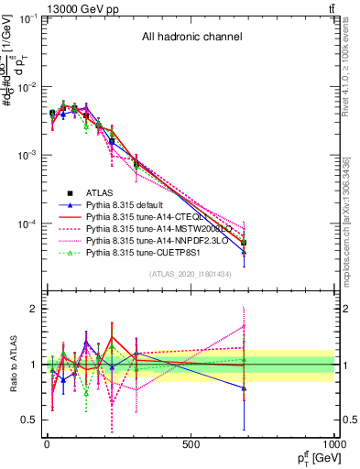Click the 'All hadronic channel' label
tap(191, 38)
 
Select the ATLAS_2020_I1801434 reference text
tap(191, 274)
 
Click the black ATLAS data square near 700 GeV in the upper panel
tap(245, 243)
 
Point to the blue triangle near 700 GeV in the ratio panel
tap(245, 388)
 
